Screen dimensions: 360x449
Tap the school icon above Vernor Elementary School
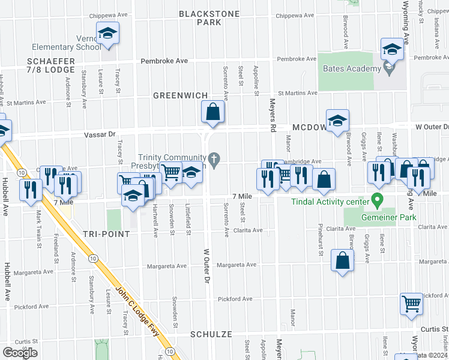click(107, 34)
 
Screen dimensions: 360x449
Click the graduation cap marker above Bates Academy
click(391, 49)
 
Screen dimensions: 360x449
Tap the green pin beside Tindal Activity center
click(378, 199)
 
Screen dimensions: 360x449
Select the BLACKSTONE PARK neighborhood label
click(209, 18)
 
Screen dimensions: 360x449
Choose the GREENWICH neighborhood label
click(180, 95)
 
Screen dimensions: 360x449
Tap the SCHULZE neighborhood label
click(211, 334)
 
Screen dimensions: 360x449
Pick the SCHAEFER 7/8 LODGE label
click(50, 65)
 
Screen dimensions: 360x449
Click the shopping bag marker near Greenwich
click(213, 112)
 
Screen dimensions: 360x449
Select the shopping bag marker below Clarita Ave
click(342, 262)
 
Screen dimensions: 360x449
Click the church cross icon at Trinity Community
click(215, 158)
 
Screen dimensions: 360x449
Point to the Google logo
click(20, 353)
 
